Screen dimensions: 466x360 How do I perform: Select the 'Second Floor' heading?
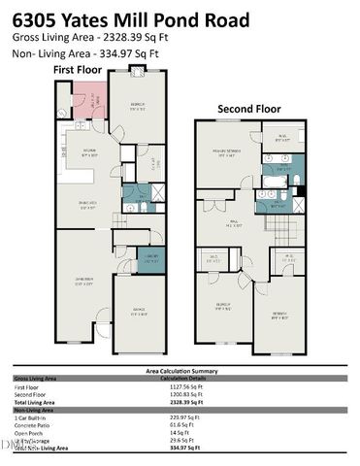tap(249, 109)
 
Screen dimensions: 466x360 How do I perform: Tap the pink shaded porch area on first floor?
tap(90, 100)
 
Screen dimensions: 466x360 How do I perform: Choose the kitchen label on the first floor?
tap(88, 151)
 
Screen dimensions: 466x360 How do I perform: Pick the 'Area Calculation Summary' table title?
tap(179, 371)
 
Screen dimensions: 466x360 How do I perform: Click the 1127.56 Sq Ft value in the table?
tap(174, 386)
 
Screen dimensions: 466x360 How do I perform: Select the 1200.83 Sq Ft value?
tap(174, 393)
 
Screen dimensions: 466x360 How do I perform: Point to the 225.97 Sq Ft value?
tap(174, 416)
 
